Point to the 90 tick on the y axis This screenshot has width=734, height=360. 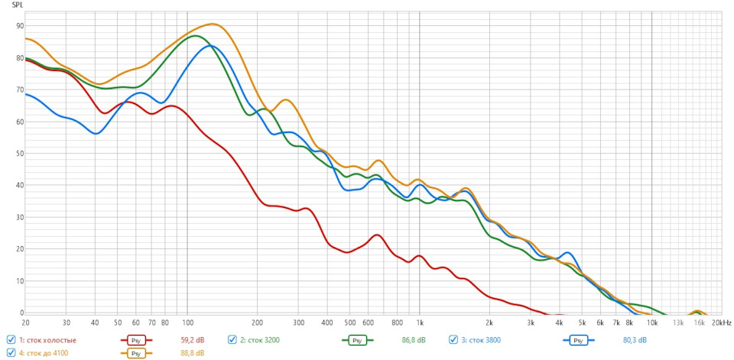pos(19,26)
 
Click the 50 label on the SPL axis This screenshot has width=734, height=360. pos(19,154)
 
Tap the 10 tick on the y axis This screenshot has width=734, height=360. pos(19,281)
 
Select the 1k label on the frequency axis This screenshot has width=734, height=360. pos(419,323)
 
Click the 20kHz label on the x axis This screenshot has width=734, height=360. pos(721,323)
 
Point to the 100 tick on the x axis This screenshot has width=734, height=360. pos(187,323)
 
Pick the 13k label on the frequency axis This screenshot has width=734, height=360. pos(678,323)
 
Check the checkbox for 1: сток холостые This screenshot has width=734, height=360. pos(11,340)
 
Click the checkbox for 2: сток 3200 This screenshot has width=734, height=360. pos(232,340)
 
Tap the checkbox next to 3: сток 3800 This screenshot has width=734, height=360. pos(453,340)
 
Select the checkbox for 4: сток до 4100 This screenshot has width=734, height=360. pos(11,353)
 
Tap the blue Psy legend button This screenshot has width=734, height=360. pos(579,340)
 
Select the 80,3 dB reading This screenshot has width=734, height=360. pos(635,340)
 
